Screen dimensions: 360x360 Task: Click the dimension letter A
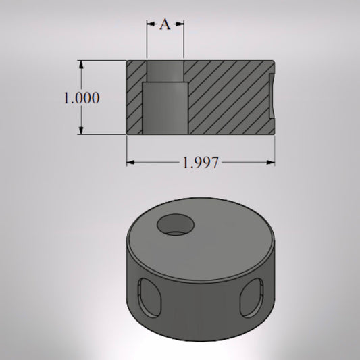[x=165, y=25]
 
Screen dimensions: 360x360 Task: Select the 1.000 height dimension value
[x=82, y=98]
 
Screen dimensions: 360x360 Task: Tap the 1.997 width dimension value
[x=201, y=163]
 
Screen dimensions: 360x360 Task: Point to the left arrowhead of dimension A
[x=150, y=25]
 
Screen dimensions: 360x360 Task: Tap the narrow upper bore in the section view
[x=165, y=71]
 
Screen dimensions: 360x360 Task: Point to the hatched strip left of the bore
[x=134, y=98]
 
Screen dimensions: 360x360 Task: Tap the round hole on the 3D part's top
[x=174, y=226]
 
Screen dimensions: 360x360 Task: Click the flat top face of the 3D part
[x=216, y=236]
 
